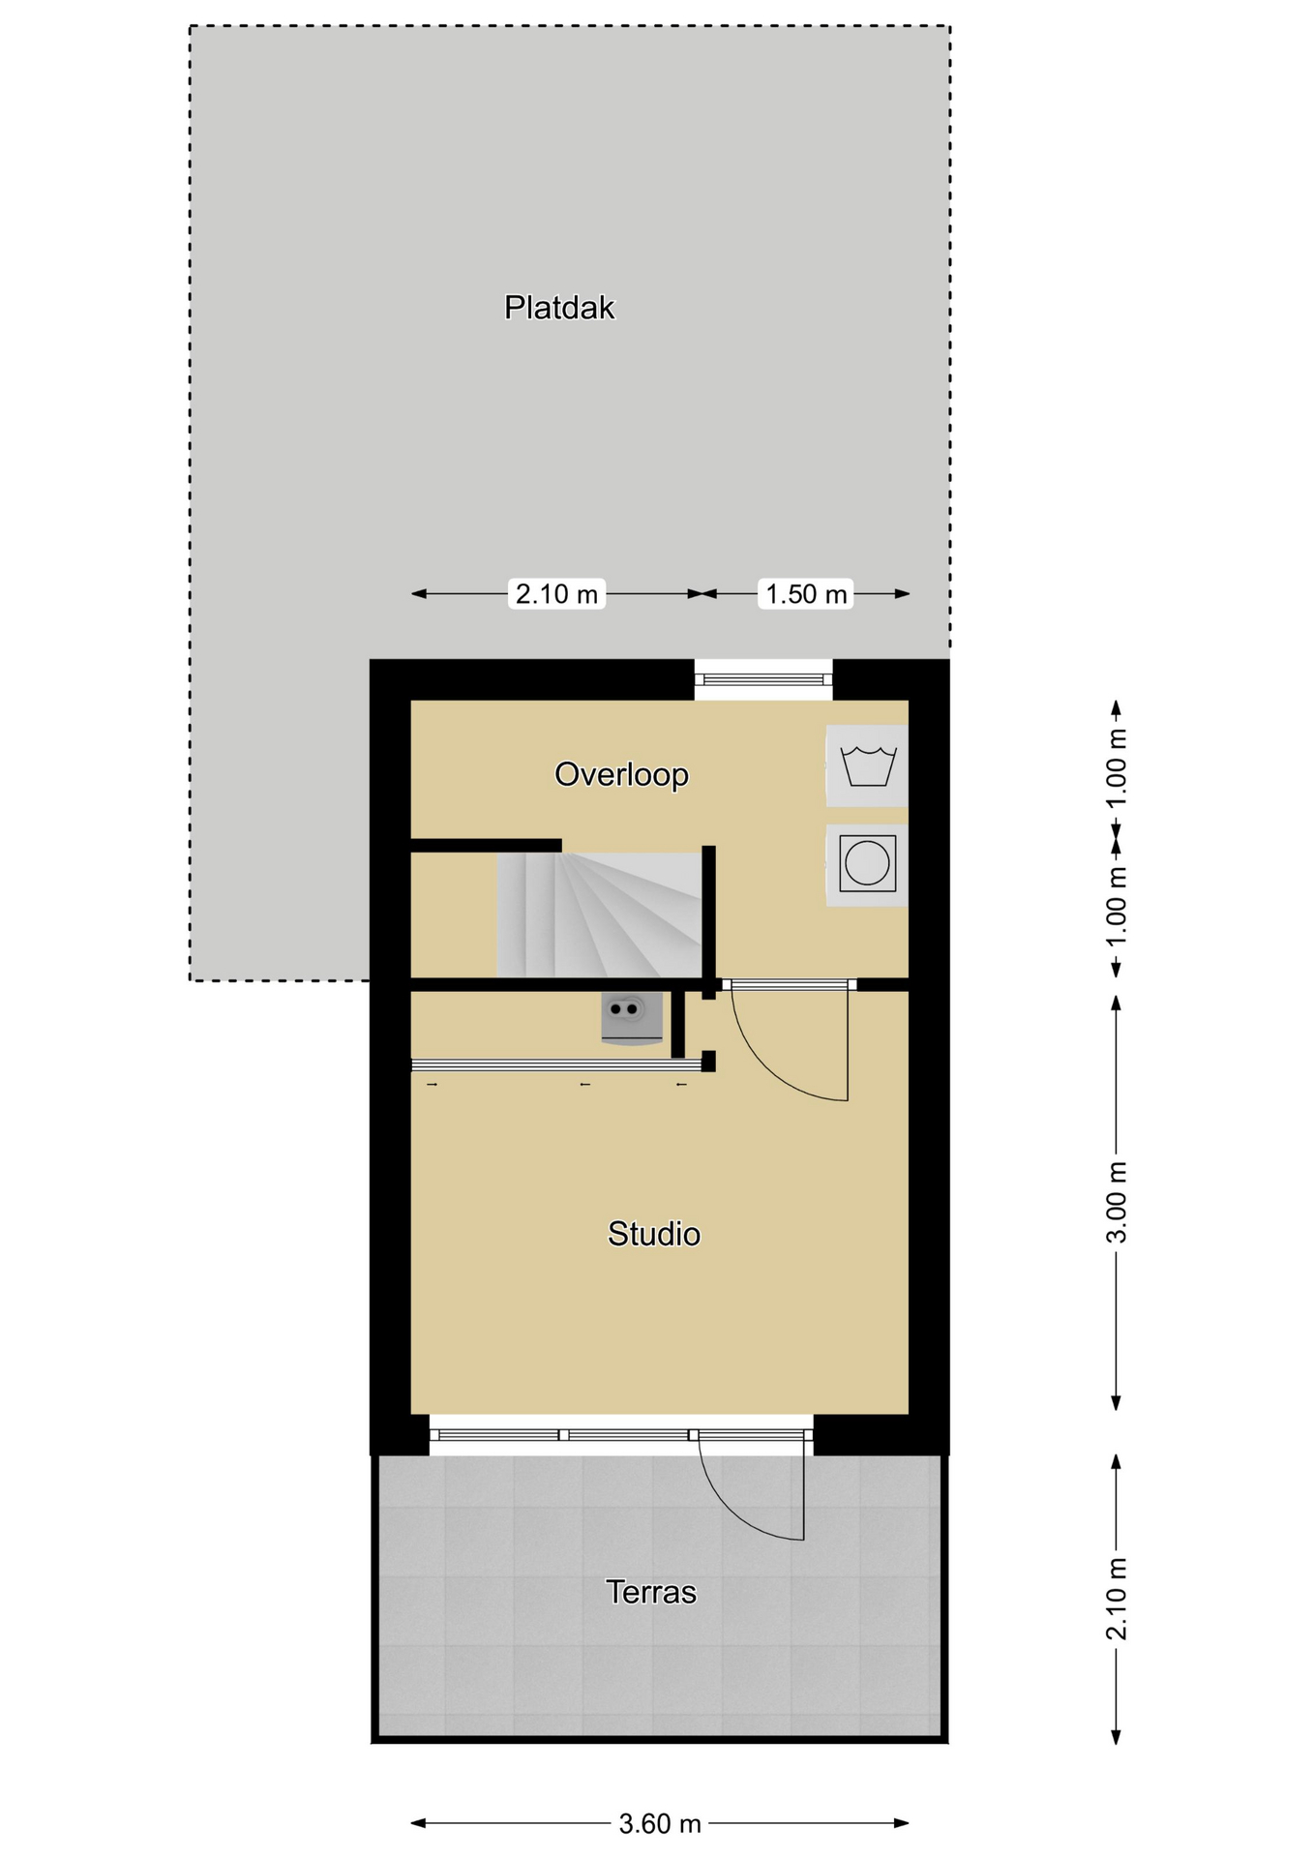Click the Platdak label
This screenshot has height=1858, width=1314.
pyautogui.click(x=559, y=308)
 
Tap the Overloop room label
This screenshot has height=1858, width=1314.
pyautogui.click(x=621, y=774)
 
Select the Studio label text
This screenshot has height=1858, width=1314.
pyautogui.click(x=654, y=1234)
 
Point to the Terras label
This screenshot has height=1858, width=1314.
pyautogui.click(x=651, y=1592)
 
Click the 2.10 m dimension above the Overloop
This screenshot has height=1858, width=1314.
pyautogui.click(x=556, y=593)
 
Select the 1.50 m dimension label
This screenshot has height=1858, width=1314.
pyautogui.click(x=806, y=593)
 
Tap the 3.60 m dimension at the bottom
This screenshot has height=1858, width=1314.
pyautogui.click(x=660, y=1824)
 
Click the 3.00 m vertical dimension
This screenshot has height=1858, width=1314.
pyautogui.click(x=1117, y=1202)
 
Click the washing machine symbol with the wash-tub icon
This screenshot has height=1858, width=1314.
pyautogui.click(x=867, y=765)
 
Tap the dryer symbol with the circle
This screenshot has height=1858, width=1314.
pyautogui.click(x=867, y=865)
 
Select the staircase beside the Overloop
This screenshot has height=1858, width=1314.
pyautogui.click(x=599, y=914)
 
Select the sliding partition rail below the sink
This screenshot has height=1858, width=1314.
pyautogui.click(x=556, y=1065)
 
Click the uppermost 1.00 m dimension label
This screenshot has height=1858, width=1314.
pyautogui.click(x=1117, y=767)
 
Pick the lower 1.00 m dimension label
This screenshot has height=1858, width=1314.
pyautogui.click(x=1117, y=907)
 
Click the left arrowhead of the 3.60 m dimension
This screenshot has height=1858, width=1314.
pyautogui.click(x=418, y=1824)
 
